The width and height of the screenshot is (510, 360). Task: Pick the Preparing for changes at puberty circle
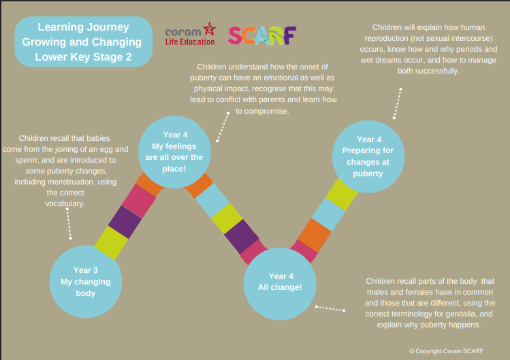[368, 156]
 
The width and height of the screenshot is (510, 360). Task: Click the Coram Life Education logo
[190, 35]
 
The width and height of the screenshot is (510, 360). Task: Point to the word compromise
[262, 110]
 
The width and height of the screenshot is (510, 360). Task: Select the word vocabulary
[66, 203]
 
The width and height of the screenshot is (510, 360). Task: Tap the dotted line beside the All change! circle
[331, 309]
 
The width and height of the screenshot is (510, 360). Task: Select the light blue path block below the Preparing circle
[327, 214]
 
